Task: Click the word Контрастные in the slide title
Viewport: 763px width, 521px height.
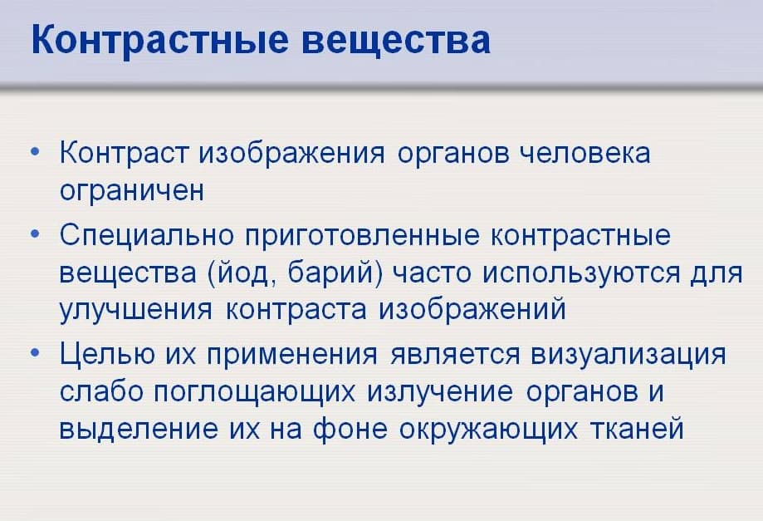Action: pos(160,40)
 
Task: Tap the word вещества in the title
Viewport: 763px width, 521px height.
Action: pos(395,40)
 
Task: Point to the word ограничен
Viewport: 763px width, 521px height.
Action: pos(131,191)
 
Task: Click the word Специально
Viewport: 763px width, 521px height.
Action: pos(147,236)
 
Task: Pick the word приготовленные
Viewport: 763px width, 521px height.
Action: pos(363,236)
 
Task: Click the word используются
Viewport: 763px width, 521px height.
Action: pos(581,273)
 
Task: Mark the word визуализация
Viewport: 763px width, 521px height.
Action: pos(628,355)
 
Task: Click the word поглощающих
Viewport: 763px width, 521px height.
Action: pos(255,392)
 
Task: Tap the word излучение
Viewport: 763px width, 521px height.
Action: pos(439,392)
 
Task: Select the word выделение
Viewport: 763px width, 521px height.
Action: pos(139,429)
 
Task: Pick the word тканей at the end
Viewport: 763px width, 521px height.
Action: pos(637,429)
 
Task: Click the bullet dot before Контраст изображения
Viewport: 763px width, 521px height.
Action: pos(35,152)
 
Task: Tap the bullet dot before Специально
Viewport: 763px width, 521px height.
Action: pos(35,234)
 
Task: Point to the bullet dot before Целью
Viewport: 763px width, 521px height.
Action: pos(35,352)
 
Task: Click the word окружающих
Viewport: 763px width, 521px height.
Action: pos(488,430)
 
